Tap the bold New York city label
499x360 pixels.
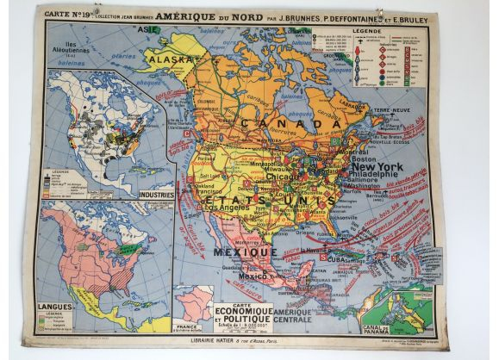pyautogui.click(x=372, y=166)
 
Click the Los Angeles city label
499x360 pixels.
pyautogui.click(x=221, y=208)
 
